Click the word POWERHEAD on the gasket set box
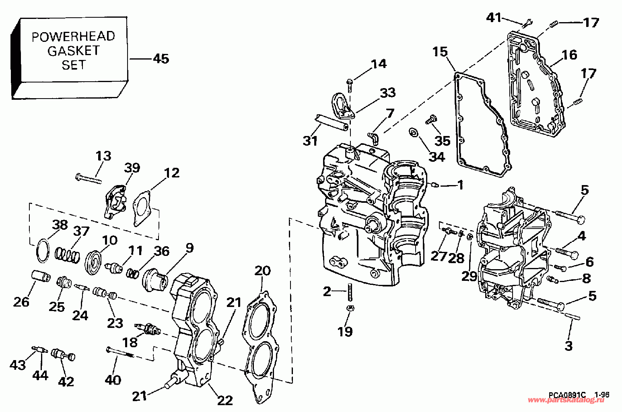73,37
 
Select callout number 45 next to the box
161,59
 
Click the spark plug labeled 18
147,329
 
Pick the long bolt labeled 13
89,178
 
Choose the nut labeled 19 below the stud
351,308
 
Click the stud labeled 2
350,292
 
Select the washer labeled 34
413,132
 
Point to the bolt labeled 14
350,86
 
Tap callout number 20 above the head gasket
262,270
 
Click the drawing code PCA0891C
567,395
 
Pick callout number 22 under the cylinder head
224,400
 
